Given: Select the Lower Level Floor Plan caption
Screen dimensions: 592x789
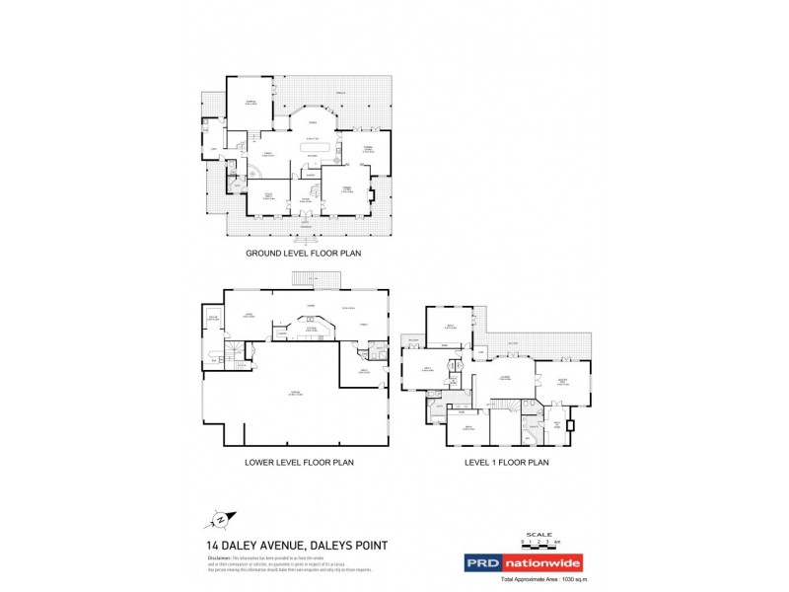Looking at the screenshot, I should point(299,462).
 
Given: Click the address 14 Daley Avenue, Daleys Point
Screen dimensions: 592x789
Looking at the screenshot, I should point(296,545).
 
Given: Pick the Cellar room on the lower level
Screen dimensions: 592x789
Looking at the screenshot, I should point(212,318).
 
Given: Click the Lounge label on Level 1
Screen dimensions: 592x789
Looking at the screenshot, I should point(503,378).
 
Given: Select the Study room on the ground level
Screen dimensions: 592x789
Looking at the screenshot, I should point(266,196).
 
